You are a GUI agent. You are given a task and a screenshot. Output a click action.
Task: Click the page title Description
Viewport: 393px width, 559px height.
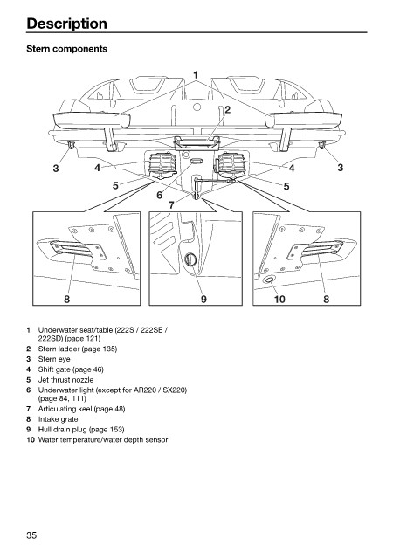(x=66, y=24)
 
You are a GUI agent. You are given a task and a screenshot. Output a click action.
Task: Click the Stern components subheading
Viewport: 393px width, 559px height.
(x=66, y=49)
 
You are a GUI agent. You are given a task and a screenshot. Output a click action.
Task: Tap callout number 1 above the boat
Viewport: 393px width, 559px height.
(x=196, y=75)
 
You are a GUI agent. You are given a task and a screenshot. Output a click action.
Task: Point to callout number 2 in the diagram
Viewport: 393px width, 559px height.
(x=227, y=110)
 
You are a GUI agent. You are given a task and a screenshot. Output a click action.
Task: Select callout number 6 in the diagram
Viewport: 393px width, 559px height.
(x=160, y=195)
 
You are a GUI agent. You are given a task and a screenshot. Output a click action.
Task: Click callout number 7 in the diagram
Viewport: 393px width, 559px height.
(x=171, y=205)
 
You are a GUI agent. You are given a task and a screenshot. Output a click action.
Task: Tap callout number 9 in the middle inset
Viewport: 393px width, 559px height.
(x=203, y=299)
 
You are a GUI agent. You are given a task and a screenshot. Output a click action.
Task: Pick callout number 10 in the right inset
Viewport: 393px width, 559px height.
(x=279, y=299)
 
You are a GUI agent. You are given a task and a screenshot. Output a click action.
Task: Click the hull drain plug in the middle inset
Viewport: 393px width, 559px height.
(x=191, y=259)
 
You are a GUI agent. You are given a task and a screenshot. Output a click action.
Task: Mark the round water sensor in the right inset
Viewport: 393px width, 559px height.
(x=268, y=279)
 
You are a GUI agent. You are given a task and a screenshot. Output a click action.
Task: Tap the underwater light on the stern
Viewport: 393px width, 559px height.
(x=196, y=162)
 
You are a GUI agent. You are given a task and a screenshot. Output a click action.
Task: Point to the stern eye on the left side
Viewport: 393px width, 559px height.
(x=71, y=145)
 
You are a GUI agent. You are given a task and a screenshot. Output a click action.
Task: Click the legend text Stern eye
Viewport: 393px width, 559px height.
(x=54, y=359)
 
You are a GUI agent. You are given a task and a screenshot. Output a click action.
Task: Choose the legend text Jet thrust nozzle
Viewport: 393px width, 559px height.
(x=65, y=380)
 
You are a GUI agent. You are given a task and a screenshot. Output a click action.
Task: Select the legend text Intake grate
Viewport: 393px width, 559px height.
(x=58, y=419)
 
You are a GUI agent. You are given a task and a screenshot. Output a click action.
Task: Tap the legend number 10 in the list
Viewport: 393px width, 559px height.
(x=31, y=440)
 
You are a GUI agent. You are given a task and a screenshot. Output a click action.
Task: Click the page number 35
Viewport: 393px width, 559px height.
(x=31, y=535)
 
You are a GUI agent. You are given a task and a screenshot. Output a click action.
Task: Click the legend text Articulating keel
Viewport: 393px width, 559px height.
(x=65, y=409)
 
